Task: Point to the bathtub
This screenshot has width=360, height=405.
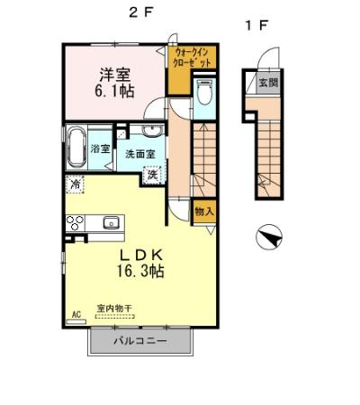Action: click(x=76, y=145)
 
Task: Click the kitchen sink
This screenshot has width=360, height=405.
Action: click(x=112, y=221)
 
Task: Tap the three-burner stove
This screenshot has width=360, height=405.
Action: click(x=74, y=222)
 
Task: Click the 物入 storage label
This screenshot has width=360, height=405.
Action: click(x=204, y=211)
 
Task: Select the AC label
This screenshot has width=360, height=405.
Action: click(x=76, y=314)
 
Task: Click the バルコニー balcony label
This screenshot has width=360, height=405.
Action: click(x=140, y=341)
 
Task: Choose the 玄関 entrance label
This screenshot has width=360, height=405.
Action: click(x=269, y=82)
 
